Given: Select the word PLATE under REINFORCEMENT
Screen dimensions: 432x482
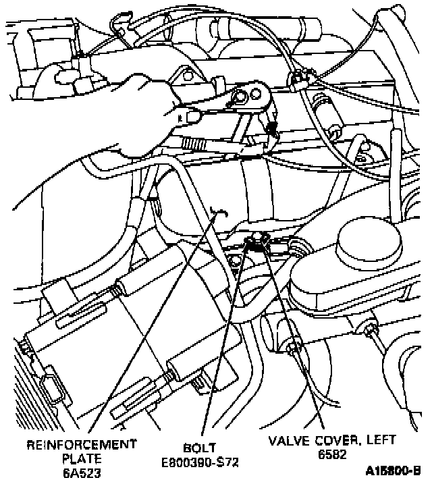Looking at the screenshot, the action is click(81, 458).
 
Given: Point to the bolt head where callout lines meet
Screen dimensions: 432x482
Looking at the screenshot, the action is click(257, 240).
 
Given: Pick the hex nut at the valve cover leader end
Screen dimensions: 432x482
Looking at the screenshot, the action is click(292, 348).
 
